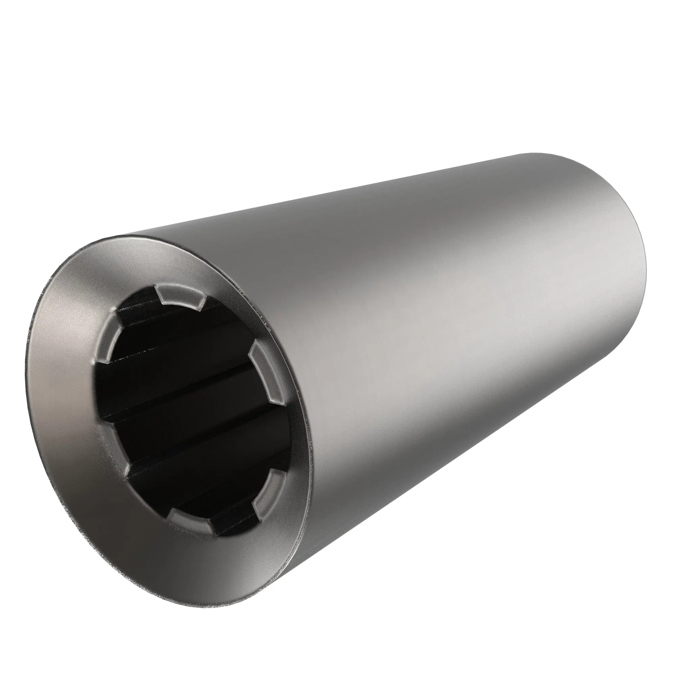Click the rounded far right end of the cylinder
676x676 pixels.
click(x=637, y=266)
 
